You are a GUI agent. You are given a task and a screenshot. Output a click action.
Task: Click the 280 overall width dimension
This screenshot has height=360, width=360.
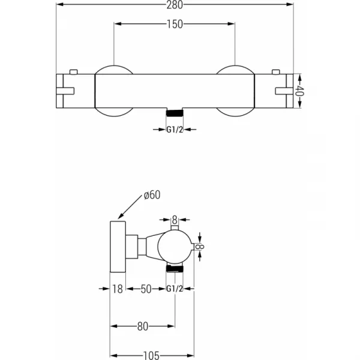[x=175, y=5]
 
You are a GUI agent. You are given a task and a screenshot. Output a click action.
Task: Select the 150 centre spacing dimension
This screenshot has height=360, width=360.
[x=175, y=24]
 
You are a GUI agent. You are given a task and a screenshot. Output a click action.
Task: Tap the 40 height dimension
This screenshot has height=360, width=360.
[x=299, y=91]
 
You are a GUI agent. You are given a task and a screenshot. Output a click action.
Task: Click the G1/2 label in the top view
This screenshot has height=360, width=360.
[x=175, y=130]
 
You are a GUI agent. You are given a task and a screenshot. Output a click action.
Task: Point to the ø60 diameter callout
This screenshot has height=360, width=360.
[x=152, y=195]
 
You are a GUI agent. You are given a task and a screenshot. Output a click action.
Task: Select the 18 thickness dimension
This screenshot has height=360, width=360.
[x=118, y=289]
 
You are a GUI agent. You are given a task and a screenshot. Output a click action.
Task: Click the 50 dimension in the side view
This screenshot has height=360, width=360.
[x=146, y=289]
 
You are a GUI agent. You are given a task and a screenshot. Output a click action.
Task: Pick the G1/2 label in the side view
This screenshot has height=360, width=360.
[x=175, y=289]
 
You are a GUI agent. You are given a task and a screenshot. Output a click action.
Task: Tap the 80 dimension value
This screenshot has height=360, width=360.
[x=143, y=326]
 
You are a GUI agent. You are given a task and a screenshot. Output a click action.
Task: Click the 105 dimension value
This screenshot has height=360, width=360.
[x=151, y=356]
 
